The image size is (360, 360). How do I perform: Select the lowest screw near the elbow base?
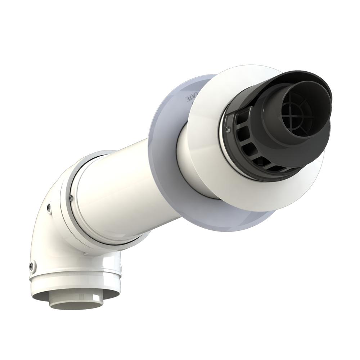32,266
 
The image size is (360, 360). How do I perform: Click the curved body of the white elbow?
47,234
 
